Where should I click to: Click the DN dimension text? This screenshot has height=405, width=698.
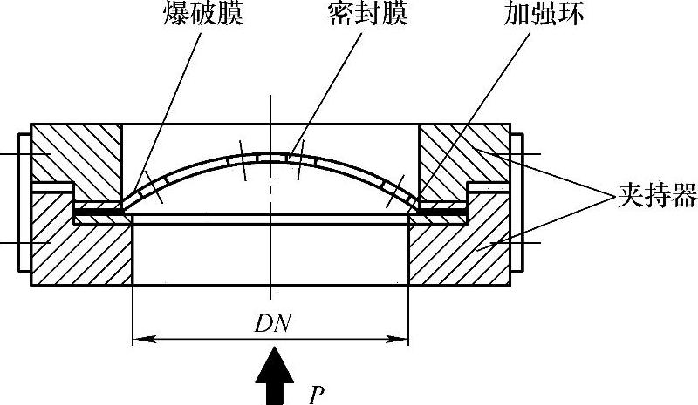(271, 324)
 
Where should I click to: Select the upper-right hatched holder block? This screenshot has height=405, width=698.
(462, 157)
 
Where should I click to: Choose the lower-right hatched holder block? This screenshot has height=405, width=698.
(458, 248)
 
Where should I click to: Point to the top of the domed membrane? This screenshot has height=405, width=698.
(272, 157)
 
